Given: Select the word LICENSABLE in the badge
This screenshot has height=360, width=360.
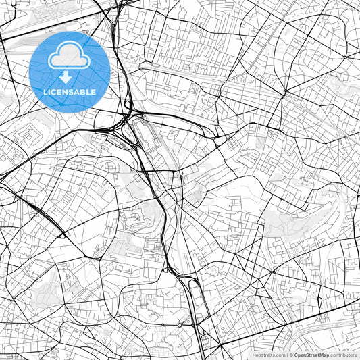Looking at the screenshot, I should tap(70, 92).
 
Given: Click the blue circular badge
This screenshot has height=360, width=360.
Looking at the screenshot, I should tap(70, 71).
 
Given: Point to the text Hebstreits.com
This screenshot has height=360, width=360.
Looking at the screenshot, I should tap(269, 355).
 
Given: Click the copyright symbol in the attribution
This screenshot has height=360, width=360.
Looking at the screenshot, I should tap(292, 355).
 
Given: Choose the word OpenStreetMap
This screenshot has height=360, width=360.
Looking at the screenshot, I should tap(312, 355).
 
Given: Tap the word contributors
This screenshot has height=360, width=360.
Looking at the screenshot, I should tap(344, 355).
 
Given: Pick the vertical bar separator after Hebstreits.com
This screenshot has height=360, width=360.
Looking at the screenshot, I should tap(287, 355).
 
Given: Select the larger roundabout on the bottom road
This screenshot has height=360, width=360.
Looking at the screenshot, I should tap(180, 325).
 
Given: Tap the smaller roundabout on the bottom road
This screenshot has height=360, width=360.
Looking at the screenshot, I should tap(162, 325).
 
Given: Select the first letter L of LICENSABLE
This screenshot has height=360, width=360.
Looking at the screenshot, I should tap(45, 92).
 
